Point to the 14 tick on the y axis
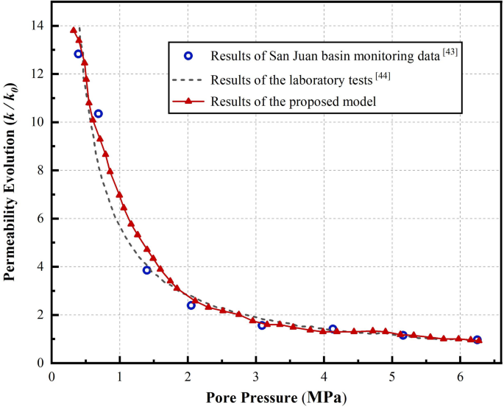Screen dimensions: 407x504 [37, 26]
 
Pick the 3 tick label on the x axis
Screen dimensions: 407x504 [256, 376]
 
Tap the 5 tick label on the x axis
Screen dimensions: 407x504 [392, 376]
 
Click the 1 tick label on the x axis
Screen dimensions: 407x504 [120, 376]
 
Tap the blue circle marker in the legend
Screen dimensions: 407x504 [188, 56]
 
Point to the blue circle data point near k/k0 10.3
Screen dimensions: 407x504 [99, 113]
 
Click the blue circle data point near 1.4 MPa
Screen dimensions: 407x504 [147, 270]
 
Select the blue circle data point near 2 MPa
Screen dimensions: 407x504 [191, 305]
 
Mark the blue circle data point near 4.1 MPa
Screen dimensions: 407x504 [333, 329]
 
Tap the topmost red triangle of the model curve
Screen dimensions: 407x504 [74, 30]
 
